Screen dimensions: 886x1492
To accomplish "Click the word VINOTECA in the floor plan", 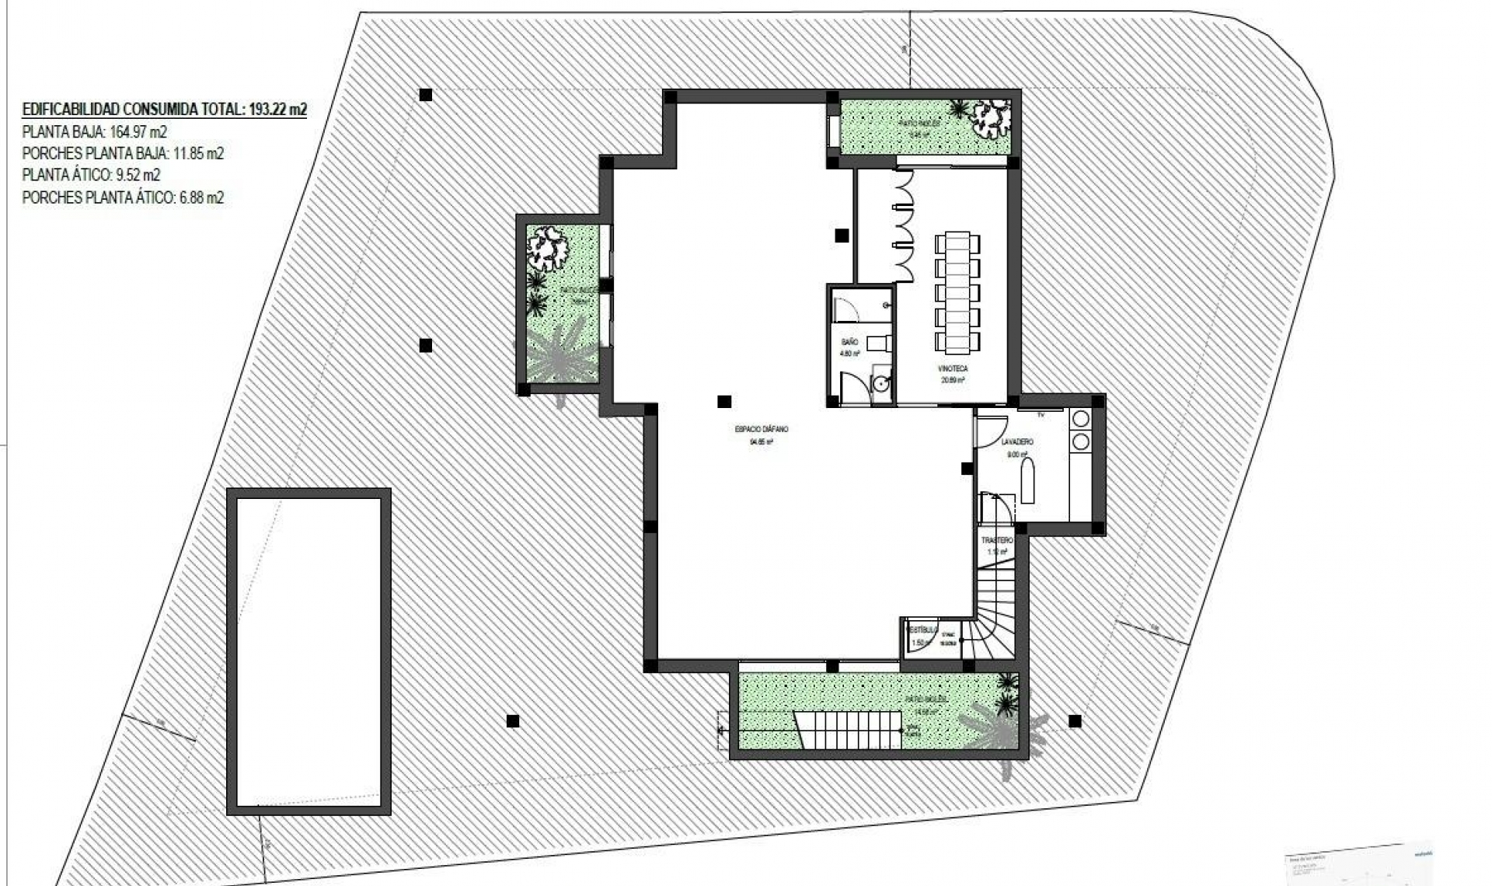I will coord(953,369).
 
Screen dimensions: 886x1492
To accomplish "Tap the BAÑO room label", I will coord(849,342).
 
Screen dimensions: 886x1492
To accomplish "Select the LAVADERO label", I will coord(1017,442).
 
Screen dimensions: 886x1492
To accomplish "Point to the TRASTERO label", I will coord(997,540).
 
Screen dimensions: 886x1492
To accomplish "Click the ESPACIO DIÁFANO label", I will coord(761,429).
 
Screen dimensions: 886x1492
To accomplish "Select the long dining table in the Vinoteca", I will coord(957,291).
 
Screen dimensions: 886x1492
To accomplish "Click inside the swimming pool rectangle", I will coord(309,651).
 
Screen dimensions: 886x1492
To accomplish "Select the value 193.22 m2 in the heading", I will coord(278,110).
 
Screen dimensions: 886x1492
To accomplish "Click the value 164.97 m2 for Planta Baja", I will coord(139,131).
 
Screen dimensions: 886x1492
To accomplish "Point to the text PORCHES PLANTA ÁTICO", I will coord(98,197).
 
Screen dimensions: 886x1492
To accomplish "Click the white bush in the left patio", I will coord(549,246).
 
